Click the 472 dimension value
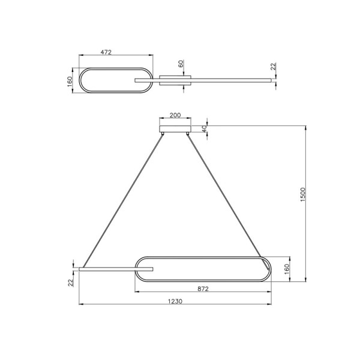106,52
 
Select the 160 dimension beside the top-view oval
70,80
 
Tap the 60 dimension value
181,64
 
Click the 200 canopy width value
175,115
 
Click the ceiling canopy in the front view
175,129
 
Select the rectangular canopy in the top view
175,80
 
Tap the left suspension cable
123,201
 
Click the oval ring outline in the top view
114,67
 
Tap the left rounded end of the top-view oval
82,80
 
